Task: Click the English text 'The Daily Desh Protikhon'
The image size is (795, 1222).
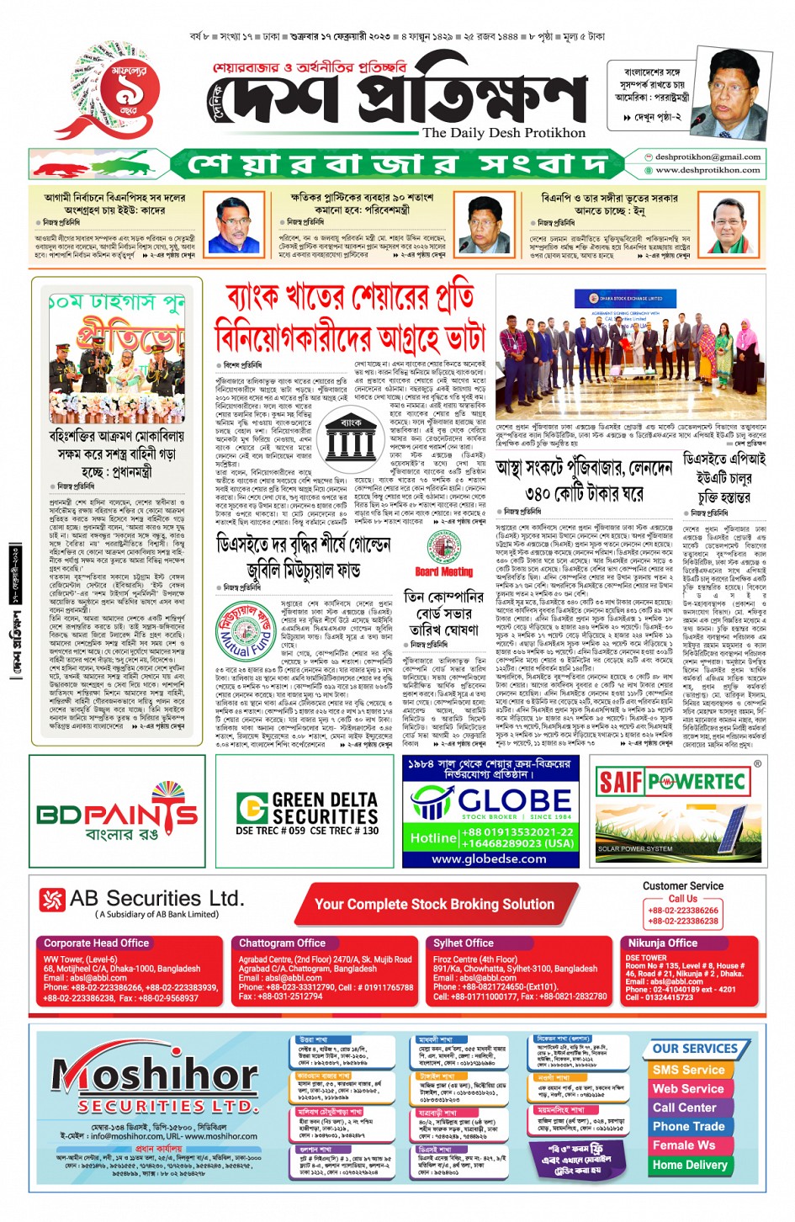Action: [x=504, y=133]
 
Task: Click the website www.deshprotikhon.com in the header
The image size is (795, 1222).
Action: [x=708, y=169]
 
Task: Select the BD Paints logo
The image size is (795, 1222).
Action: [x=117, y=815]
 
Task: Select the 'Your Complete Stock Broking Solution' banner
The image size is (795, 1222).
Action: [x=434, y=904]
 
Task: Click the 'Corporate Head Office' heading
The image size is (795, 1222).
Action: [x=97, y=943]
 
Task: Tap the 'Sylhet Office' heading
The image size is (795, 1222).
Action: [x=464, y=943]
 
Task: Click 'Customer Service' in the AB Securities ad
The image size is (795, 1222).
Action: [x=682, y=886]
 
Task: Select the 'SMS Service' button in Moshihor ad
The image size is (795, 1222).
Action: [x=688, y=1070]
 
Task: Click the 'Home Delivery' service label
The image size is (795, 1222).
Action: [x=690, y=1165]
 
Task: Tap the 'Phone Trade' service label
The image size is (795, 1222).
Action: [x=688, y=1126]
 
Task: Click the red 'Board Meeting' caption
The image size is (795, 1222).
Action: [x=444, y=571]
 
